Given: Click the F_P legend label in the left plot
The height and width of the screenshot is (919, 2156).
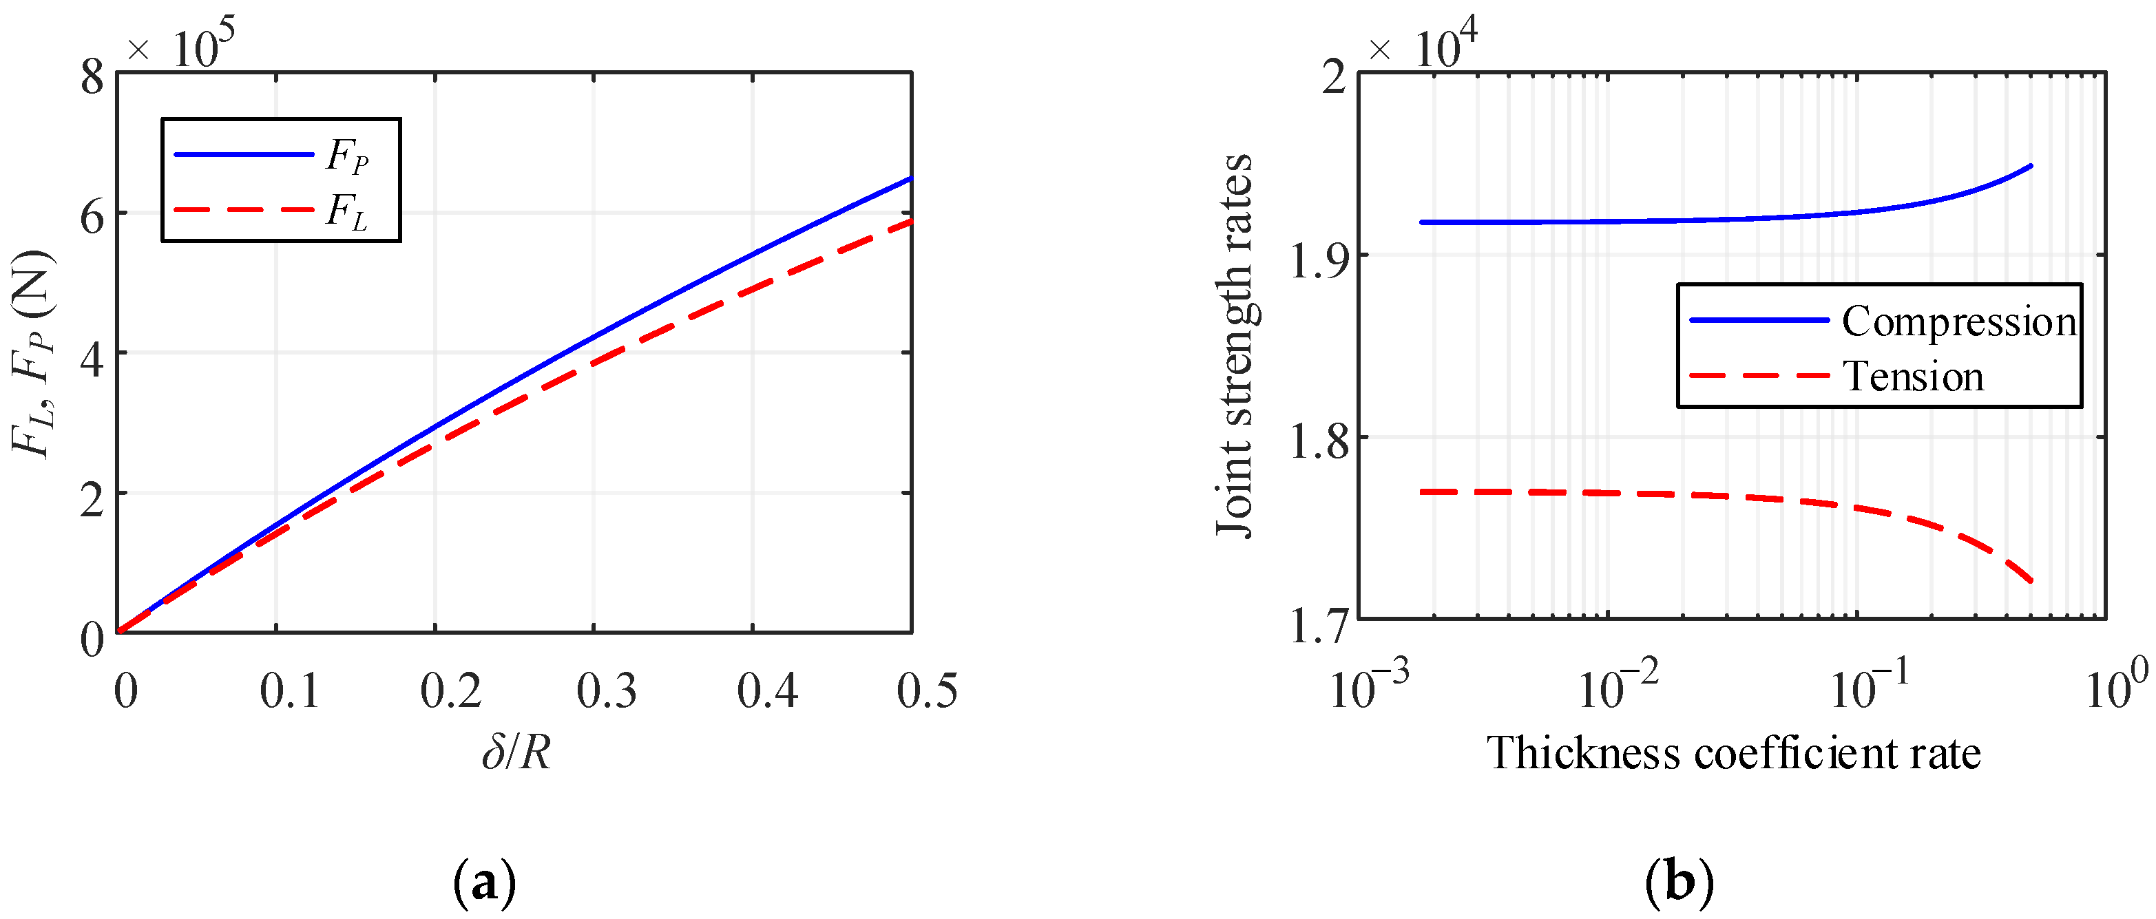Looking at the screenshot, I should coord(347,156).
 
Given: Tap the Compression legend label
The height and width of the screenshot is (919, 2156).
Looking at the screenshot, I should coord(1958,322).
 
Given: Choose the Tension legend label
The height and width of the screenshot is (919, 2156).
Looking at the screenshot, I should coord(1914,377).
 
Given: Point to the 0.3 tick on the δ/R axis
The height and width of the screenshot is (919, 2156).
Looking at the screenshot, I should coord(607,691).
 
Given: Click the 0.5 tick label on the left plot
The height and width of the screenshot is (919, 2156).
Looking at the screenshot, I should coord(927,691).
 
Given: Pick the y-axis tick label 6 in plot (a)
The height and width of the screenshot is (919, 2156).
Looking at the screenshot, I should coord(92,217).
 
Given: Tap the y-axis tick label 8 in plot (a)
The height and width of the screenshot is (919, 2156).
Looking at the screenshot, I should coord(92,77).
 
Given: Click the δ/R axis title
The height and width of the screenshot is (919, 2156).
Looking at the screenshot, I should coord(516,752).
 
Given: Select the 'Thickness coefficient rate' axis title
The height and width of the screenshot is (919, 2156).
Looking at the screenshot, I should coord(1733,753).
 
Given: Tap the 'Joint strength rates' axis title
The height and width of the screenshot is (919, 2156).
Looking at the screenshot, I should coord(1235,345).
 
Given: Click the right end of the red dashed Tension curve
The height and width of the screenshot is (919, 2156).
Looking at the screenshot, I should coord(2031,581).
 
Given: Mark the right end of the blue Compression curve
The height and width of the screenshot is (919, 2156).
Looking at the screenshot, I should coord(2031,166).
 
